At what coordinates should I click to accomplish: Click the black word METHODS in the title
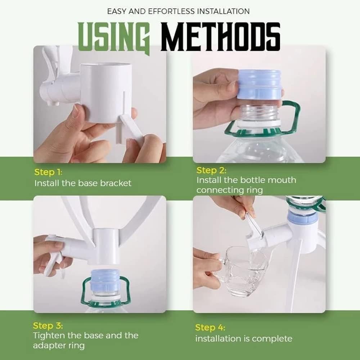[x=220, y=37]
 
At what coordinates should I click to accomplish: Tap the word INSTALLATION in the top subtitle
[x=224, y=12]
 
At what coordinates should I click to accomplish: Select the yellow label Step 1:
[x=48, y=172]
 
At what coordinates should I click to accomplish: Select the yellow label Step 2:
[x=211, y=170]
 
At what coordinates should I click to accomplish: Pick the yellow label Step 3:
[x=48, y=325]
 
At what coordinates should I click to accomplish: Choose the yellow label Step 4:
[x=210, y=327]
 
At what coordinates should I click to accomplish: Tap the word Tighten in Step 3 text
[x=49, y=336]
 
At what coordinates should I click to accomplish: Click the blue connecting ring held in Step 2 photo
[x=260, y=85]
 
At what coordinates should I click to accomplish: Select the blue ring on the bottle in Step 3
[x=106, y=280]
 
